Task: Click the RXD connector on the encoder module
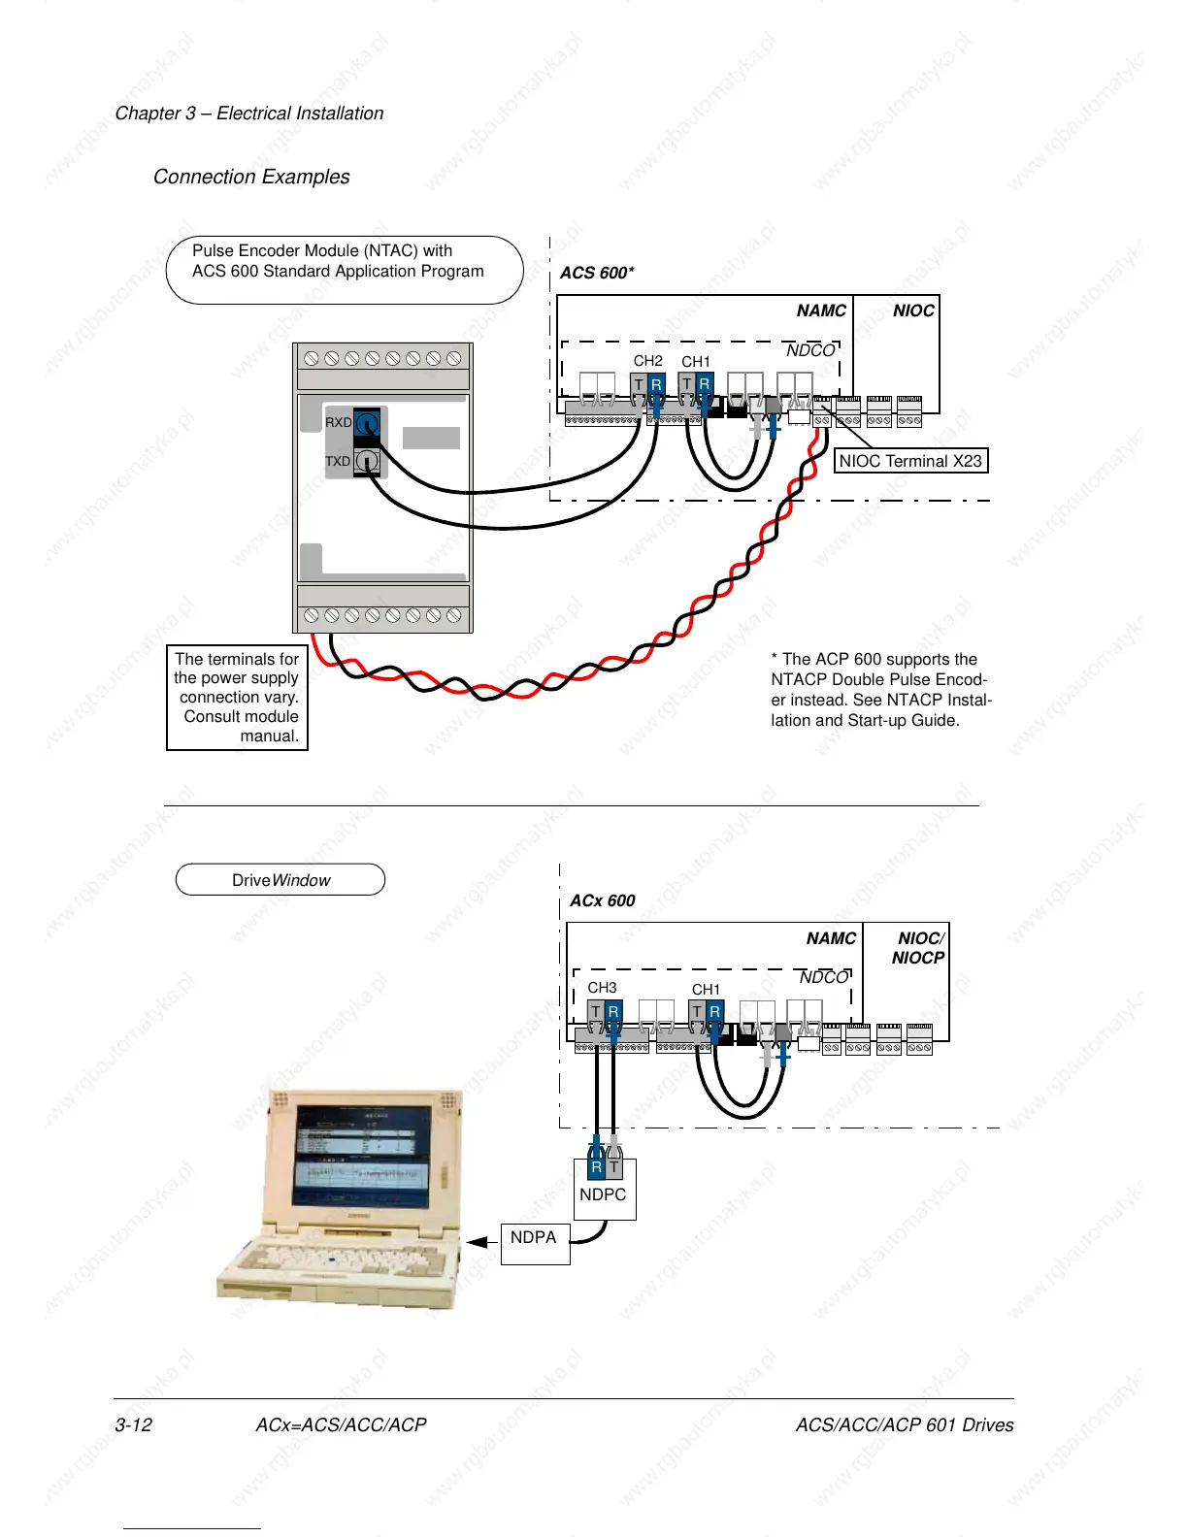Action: (x=366, y=423)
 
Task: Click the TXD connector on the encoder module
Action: (x=366, y=461)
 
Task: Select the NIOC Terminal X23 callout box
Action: (x=910, y=461)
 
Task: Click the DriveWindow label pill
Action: (x=280, y=880)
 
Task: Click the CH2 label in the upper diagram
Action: (x=648, y=361)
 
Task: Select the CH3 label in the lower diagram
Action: (x=602, y=988)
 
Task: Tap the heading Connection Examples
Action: (x=251, y=177)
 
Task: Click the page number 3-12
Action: (x=134, y=1424)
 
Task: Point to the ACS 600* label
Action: (x=597, y=273)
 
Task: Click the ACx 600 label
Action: (x=602, y=900)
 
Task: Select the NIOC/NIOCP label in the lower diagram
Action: (x=918, y=948)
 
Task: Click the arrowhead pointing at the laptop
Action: (x=477, y=1242)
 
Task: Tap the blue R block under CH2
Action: (x=656, y=385)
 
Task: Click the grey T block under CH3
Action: (x=596, y=1012)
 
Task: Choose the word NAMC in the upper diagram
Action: (x=821, y=311)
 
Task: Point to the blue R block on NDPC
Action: (x=596, y=1167)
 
